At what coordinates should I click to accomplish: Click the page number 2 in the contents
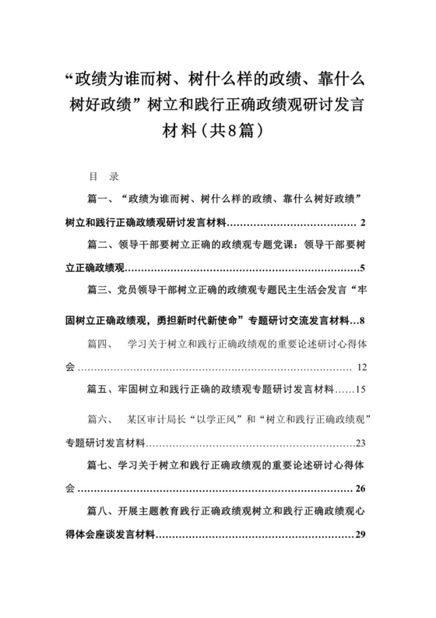(363, 225)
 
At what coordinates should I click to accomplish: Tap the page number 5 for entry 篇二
(363, 269)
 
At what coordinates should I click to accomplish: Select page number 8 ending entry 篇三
(363, 320)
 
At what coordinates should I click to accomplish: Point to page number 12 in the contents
(360, 367)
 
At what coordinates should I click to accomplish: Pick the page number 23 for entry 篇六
(360, 443)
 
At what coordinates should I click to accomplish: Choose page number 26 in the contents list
(360, 489)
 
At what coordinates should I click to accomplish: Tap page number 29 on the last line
(360, 535)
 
